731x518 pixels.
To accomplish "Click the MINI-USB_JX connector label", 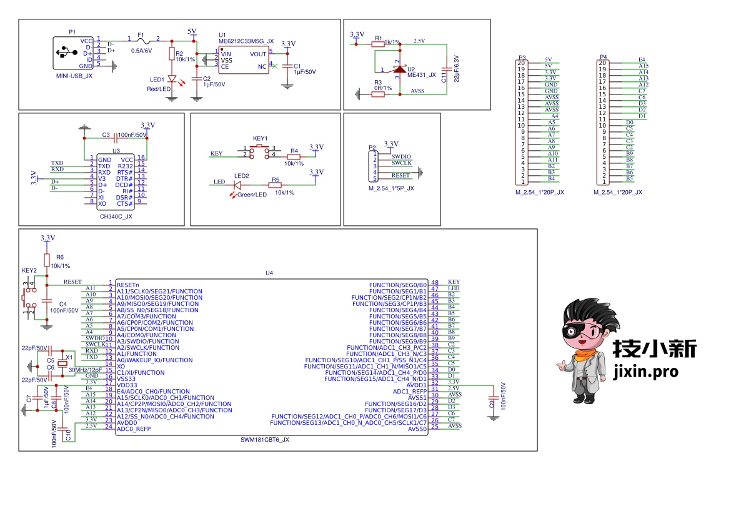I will (x=74, y=76).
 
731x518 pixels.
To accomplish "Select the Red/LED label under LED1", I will (x=159, y=89).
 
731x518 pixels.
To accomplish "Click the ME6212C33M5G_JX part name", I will (x=246, y=41).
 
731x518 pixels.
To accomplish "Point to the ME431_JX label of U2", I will (x=422, y=74).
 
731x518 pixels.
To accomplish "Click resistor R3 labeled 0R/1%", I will (x=377, y=94).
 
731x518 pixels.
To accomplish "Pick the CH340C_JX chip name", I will (x=116, y=216).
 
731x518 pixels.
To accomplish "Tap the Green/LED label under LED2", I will (x=252, y=195).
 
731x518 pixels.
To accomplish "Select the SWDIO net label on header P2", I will (x=401, y=157).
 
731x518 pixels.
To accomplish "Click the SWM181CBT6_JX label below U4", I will (x=265, y=440).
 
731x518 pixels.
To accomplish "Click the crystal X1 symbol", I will (x=62, y=363).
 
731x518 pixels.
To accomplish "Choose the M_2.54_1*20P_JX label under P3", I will (x=540, y=192).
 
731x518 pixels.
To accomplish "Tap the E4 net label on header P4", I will (x=642, y=60).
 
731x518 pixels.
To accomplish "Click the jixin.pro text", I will (x=645, y=372).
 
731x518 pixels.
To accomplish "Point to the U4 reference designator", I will (x=269, y=273).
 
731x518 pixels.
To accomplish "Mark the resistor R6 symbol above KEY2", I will (x=46, y=260).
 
